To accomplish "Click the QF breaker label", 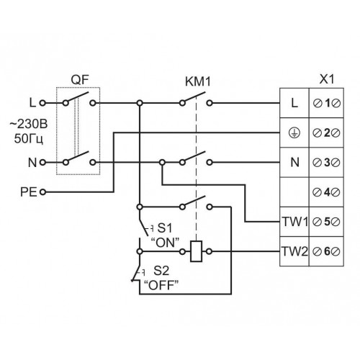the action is click(80, 80).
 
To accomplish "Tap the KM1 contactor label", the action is click(198, 81).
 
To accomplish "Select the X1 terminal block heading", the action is click(327, 79).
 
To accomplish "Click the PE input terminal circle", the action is click(42, 192).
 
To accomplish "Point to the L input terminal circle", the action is click(42, 103).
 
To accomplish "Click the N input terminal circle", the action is click(42, 163).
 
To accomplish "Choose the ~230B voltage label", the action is click(29, 125).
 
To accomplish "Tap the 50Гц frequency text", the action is click(29, 139).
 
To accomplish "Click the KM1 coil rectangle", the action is click(196, 251).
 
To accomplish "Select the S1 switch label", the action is click(165, 228).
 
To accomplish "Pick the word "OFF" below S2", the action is click(161, 286).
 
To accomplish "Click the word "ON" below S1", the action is click(165, 243).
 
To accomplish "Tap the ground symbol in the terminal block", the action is click(294, 132).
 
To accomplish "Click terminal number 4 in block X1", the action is click(327, 192).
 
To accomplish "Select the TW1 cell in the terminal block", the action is click(294, 222).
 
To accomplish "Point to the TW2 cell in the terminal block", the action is click(294, 251).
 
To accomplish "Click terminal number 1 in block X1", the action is click(327, 104).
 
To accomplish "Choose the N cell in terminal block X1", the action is click(294, 163).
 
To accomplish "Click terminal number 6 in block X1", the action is click(327, 251).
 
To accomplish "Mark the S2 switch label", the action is click(161, 271).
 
